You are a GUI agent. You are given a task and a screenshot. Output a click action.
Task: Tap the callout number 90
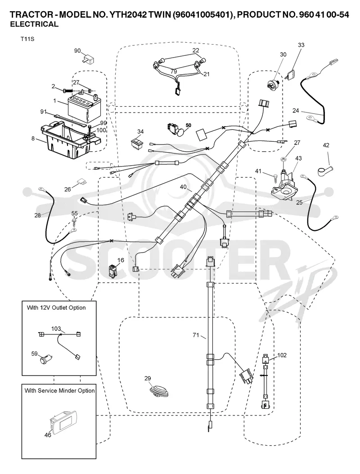click(x=77, y=50)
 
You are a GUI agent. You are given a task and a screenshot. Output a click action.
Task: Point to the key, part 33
click(x=291, y=74)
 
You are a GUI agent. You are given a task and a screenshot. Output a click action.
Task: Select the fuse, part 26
click(x=83, y=182)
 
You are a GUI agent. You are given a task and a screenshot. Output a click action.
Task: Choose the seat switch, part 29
click(x=159, y=390)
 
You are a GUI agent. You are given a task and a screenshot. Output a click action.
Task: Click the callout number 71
click(x=196, y=334)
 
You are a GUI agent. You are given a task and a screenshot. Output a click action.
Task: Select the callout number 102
click(x=282, y=355)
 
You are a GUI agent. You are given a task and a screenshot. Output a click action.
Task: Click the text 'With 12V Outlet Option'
click(x=56, y=308)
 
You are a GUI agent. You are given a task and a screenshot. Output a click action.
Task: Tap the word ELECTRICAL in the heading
click(x=35, y=24)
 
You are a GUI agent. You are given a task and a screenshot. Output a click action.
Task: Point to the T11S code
click(x=27, y=39)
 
